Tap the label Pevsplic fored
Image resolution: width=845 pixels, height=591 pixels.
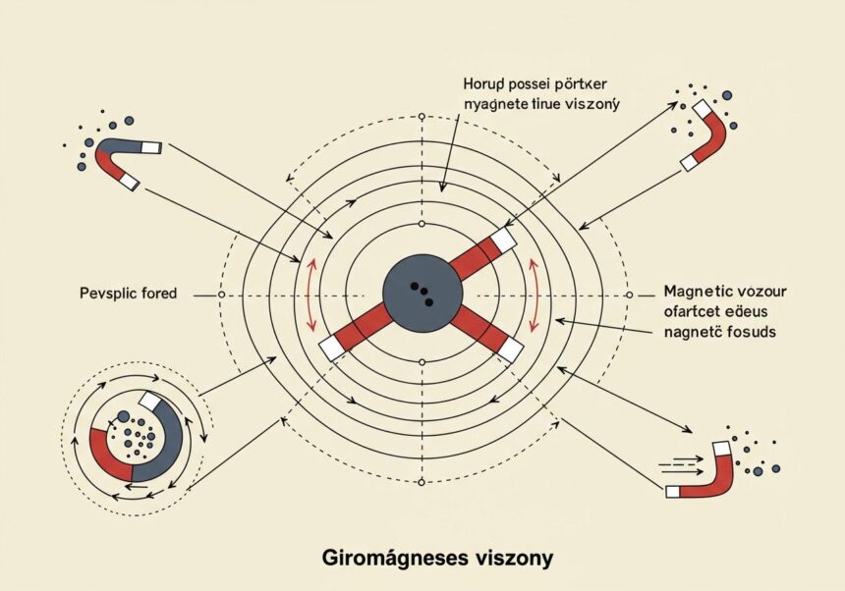click(125, 294)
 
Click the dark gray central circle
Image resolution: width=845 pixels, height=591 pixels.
click(422, 294)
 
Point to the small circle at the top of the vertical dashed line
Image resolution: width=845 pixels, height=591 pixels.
click(422, 116)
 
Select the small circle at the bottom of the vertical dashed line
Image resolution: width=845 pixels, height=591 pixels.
click(422, 483)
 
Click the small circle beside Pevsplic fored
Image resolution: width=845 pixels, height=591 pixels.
click(221, 295)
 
